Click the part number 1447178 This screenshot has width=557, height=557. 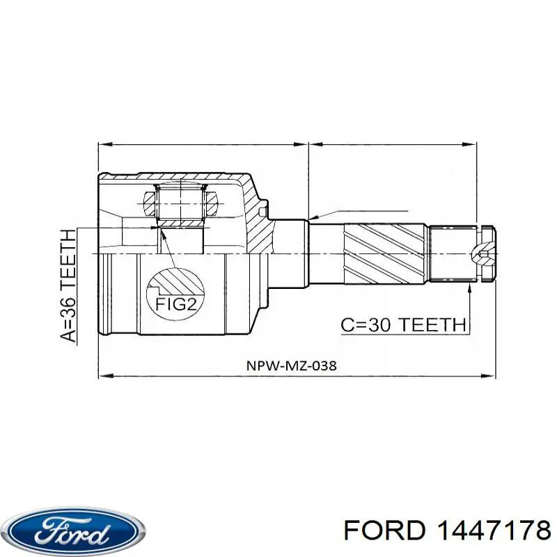click(494, 531)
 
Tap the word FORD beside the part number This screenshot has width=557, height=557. click(384, 531)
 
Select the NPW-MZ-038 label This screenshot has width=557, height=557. click(291, 366)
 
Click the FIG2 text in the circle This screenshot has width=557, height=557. click(175, 305)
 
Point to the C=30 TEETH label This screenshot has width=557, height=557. click(403, 324)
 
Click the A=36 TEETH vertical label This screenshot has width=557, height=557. click(68, 285)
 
